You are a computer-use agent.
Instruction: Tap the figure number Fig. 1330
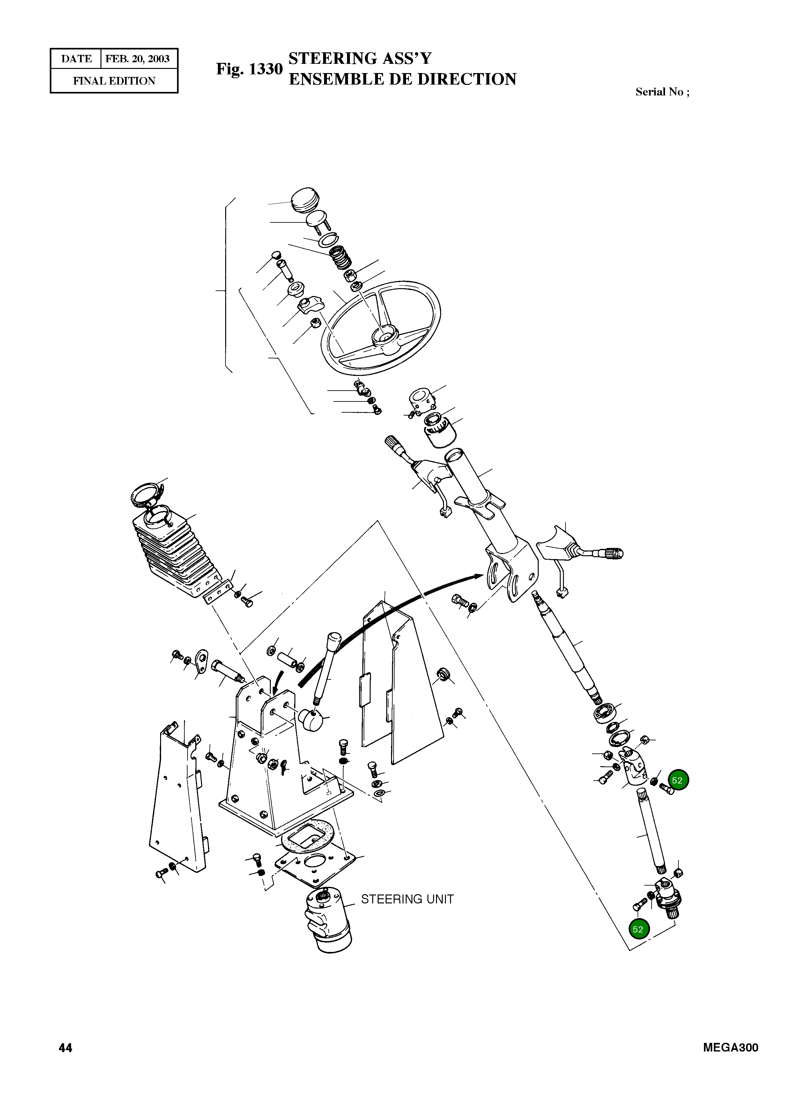pos(249,69)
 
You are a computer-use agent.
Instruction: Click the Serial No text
pos(662,92)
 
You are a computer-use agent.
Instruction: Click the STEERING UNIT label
pos(407,899)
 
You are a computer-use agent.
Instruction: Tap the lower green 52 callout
pos(638,929)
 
